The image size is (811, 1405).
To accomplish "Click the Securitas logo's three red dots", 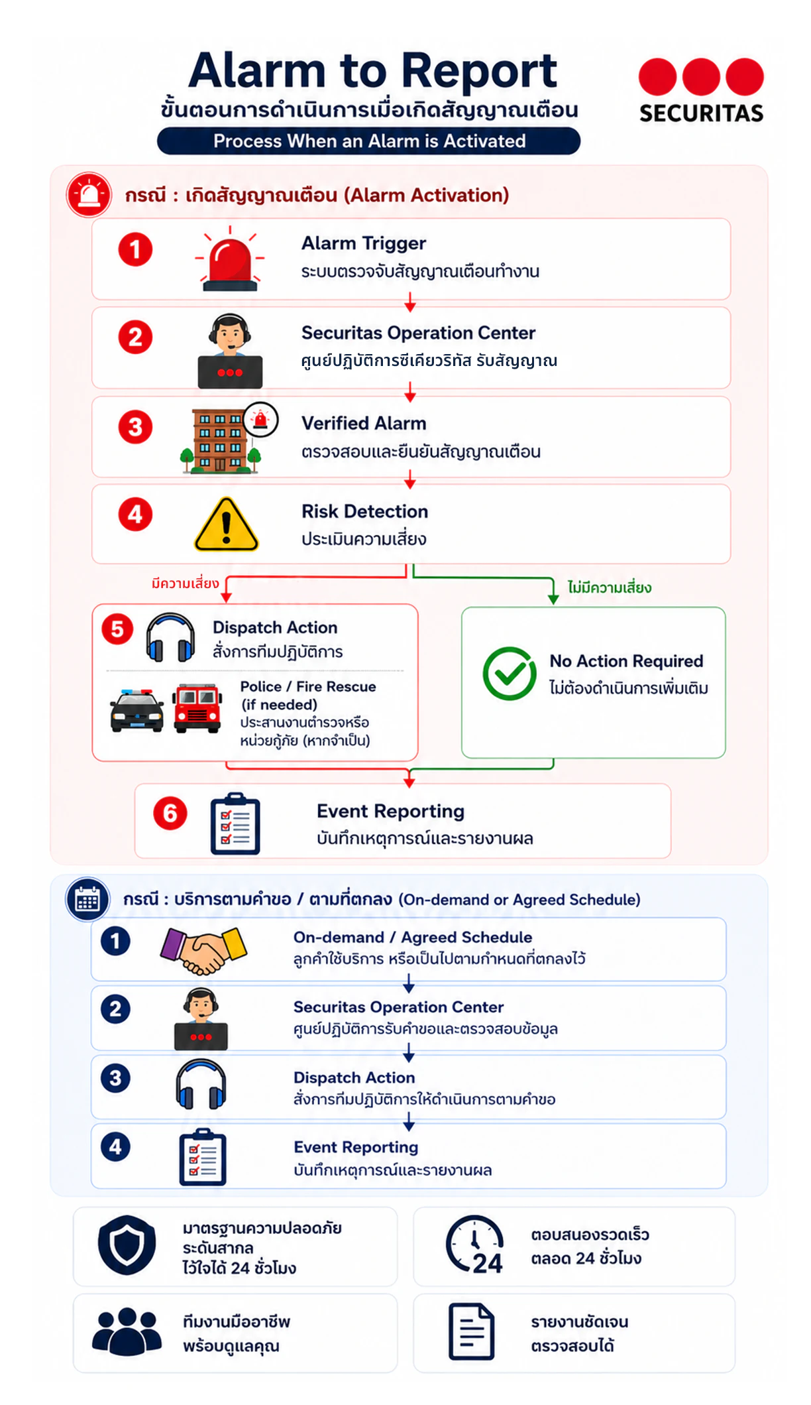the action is [x=701, y=77].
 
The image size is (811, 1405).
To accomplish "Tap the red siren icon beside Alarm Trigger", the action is [x=230, y=259].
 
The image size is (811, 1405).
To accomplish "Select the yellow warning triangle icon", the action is [x=226, y=524].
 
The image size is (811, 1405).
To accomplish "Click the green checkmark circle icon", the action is [x=510, y=674].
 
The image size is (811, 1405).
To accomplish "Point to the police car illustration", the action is [x=137, y=710].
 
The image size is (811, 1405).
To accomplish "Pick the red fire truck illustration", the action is [x=197, y=708].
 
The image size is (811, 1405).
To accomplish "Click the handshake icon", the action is [x=203, y=950].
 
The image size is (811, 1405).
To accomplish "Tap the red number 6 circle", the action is [x=170, y=813].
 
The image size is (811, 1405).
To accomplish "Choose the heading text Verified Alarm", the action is [x=364, y=423].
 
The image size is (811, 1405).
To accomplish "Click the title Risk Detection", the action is [x=364, y=511].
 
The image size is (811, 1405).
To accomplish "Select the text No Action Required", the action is [x=626, y=661].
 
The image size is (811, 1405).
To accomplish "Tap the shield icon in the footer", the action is [x=127, y=1245].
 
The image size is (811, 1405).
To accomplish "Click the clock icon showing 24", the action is [x=475, y=1245].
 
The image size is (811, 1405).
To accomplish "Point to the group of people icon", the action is [x=127, y=1331].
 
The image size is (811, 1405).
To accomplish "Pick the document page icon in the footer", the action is [x=471, y=1331].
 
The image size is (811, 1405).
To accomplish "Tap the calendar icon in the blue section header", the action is [x=87, y=899].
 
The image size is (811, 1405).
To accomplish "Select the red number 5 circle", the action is [x=117, y=629].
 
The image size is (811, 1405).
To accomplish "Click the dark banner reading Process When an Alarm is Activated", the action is [x=368, y=141].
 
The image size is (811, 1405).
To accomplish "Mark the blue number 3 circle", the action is [x=115, y=1078].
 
